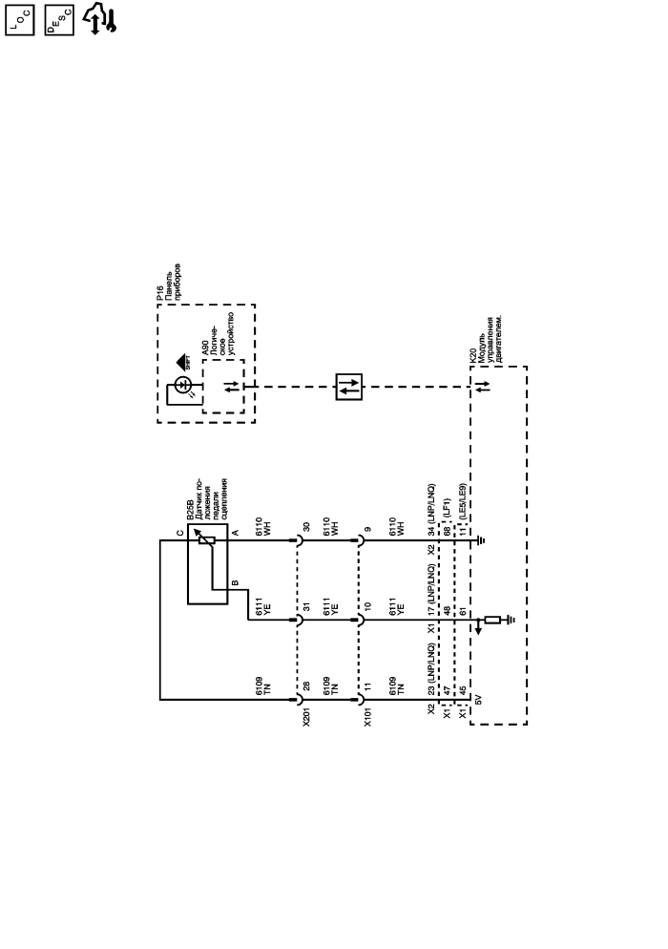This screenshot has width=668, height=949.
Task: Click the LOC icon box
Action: tap(20, 18)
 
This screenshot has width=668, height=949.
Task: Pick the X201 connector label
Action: tap(306, 715)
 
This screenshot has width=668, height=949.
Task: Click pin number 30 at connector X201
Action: tap(307, 526)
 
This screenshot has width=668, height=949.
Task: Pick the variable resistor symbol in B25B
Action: tap(206, 539)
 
